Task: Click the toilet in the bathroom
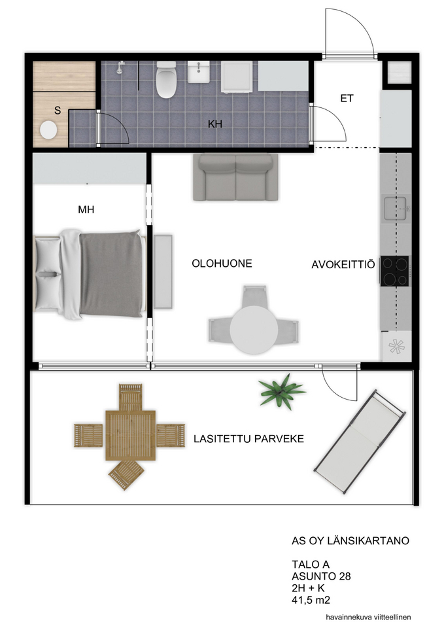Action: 166,79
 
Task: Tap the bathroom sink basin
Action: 199,72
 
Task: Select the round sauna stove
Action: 48,130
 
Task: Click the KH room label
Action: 215,124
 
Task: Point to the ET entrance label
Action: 347,98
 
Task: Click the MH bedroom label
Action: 86,209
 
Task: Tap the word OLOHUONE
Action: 222,264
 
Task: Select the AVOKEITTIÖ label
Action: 343,264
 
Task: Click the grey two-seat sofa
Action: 235,177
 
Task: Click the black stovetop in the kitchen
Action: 395,271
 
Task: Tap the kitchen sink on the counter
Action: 396,208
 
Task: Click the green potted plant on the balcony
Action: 282,391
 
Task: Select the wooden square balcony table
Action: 130,436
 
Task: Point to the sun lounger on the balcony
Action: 359,440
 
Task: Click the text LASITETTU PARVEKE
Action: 248,439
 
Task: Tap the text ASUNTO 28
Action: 321,576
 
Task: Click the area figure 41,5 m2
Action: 311,600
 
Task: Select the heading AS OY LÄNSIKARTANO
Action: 350,541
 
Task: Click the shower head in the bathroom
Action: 120,67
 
